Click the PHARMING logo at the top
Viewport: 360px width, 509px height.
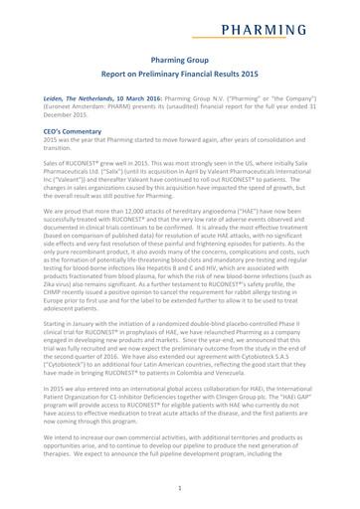coord(284,19)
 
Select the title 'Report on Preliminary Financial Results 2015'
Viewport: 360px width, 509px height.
coord(180,78)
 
